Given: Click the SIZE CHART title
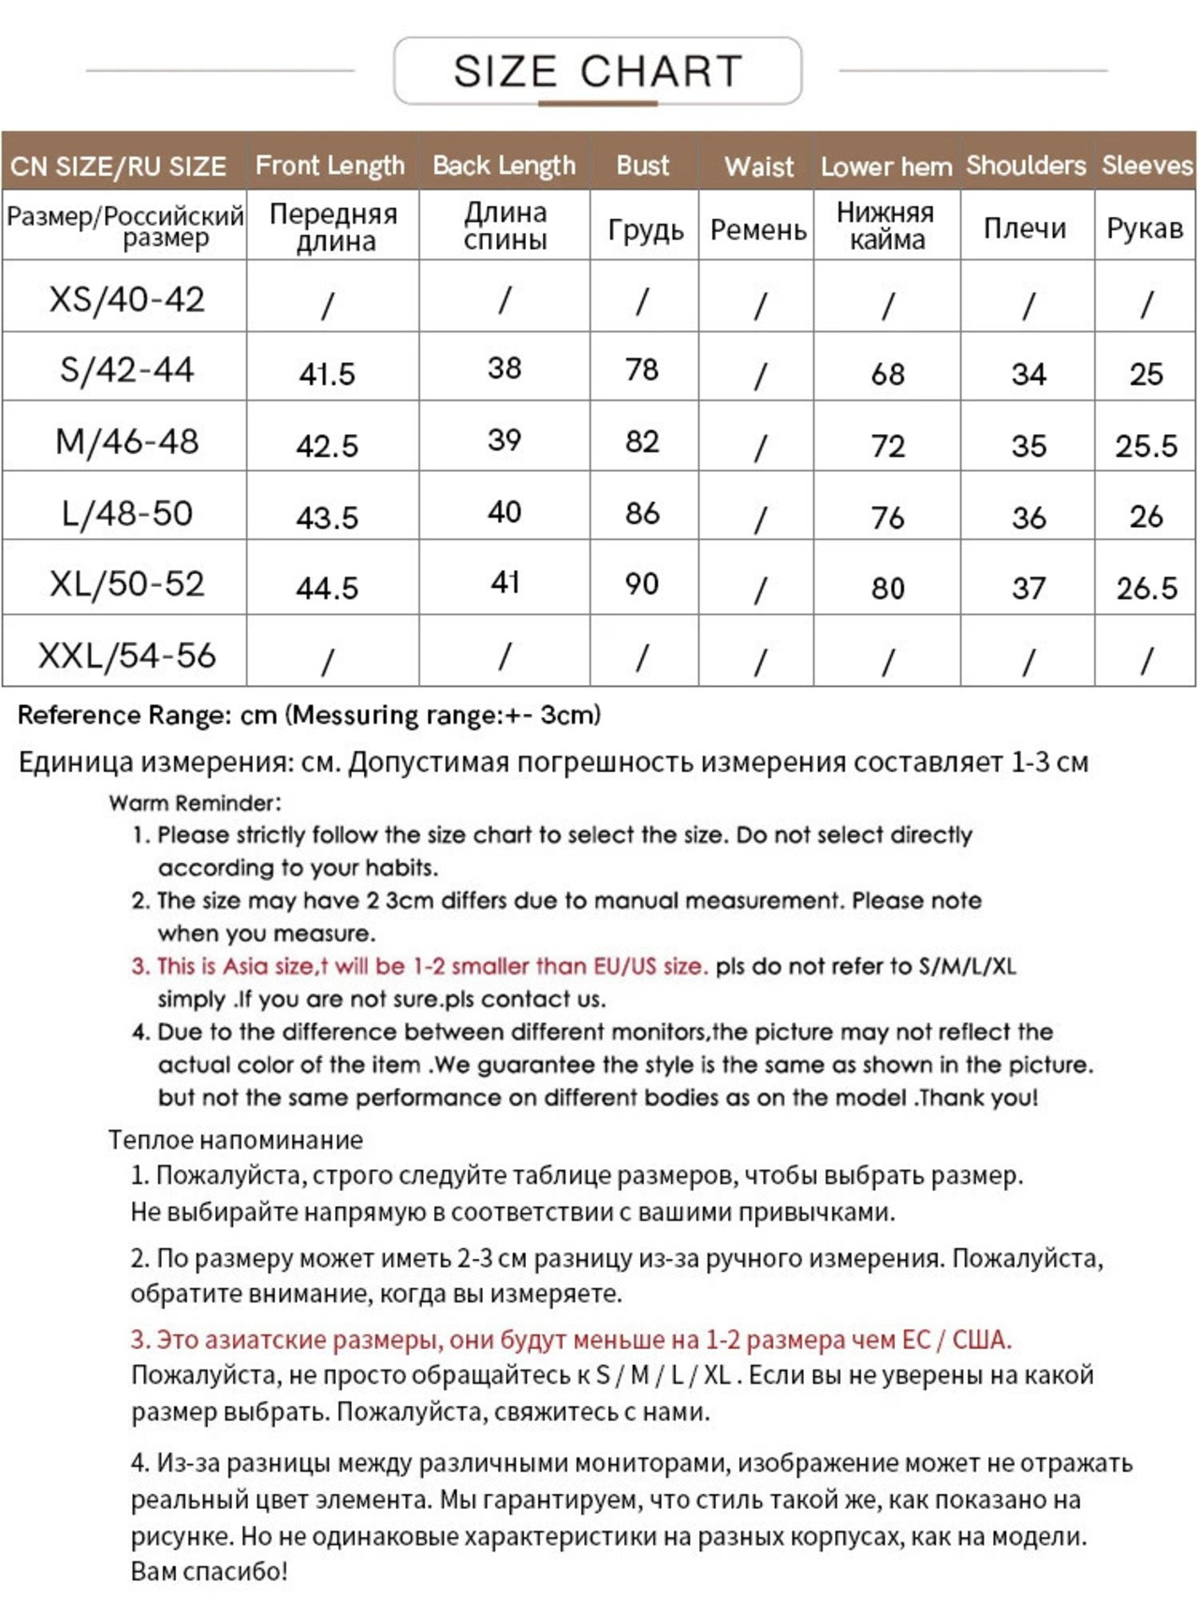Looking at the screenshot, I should click(597, 71).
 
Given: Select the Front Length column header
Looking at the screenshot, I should click(329, 166).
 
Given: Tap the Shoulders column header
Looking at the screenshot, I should click(1026, 166).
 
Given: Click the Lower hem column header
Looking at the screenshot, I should click(885, 167).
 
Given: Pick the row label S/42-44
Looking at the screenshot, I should click(126, 370).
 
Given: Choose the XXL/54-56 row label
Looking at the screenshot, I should click(126, 655).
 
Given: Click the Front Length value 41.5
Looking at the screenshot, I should click(328, 374).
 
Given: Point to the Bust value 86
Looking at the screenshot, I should click(642, 513).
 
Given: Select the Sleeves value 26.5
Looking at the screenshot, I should click(1147, 588).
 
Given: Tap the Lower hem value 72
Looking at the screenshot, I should click(887, 446).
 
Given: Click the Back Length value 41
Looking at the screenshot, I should click(504, 582).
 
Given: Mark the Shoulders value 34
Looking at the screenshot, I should click(1028, 374).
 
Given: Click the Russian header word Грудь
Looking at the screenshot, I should click(646, 229).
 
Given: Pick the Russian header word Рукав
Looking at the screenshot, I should click(1145, 228).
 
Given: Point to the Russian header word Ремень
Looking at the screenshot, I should click(758, 229).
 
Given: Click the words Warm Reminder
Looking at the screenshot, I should click(195, 803).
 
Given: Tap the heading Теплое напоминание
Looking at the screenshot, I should click(235, 1139).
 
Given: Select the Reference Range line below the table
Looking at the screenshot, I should click(309, 715).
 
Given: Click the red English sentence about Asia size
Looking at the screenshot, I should click(419, 966).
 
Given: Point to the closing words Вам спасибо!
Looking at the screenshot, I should click(209, 1571).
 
